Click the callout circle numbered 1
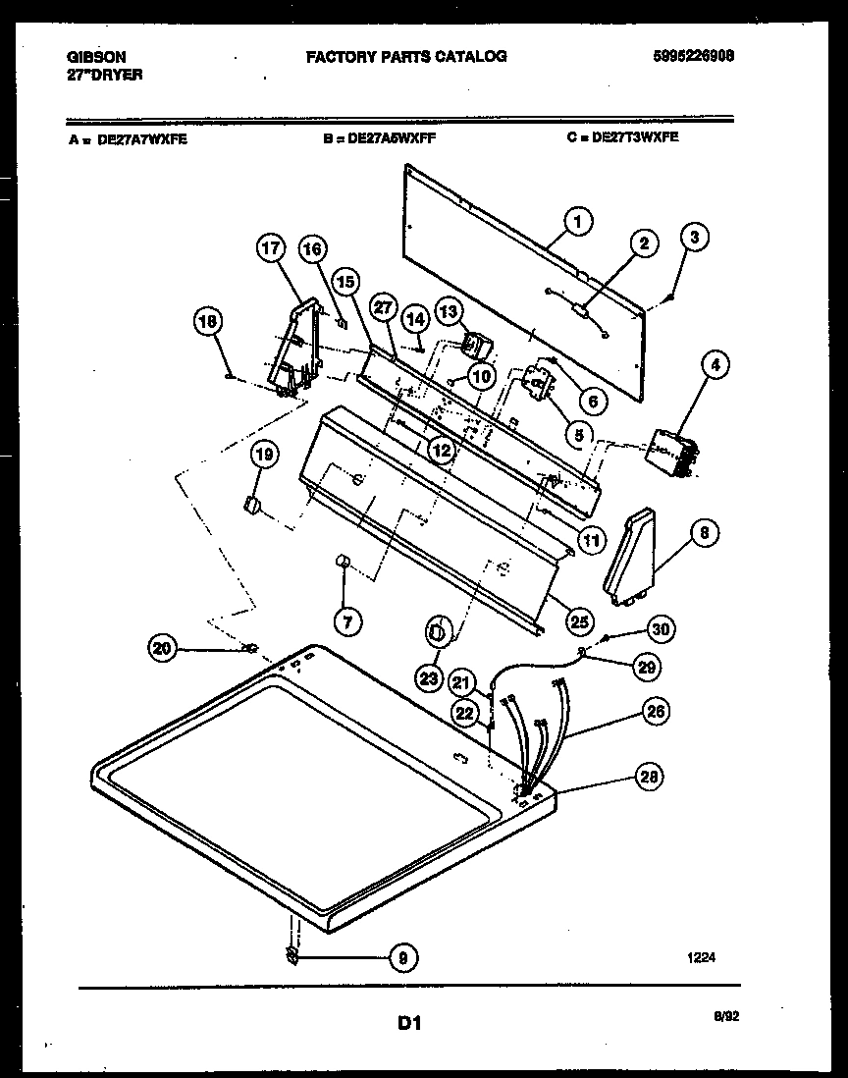[578, 223]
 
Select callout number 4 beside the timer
[715, 365]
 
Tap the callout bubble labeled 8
[704, 533]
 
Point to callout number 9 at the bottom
[400, 957]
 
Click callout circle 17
[272, 249]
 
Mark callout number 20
[163, 647]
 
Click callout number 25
[579, 620]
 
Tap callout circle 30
[661, 629]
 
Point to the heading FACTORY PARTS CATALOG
[406, 57]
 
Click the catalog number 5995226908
[693, 57]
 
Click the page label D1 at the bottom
[408, 1023]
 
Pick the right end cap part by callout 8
[633, 555]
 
